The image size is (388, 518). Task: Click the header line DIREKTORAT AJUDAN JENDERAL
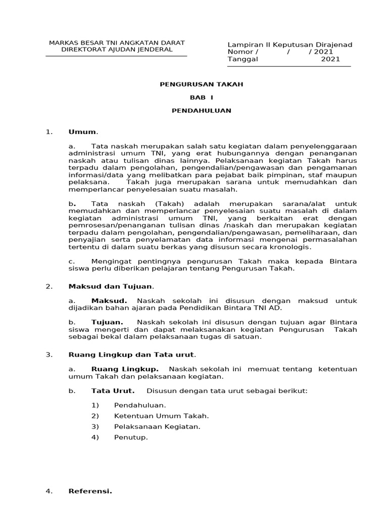coord(117,50)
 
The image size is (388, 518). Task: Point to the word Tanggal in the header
coord(243,59)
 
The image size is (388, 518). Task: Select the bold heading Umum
coord(82,132)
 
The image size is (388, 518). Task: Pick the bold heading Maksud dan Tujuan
coord(111,286)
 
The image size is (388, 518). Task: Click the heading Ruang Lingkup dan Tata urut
coord(131,355)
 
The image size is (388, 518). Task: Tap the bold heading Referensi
coord(90,491)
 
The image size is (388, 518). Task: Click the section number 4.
coord(49,491)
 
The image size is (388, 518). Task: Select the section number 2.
coord(49,286)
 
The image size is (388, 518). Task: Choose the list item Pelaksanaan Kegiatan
coord(157,426)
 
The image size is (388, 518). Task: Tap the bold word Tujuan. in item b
coord(107,322)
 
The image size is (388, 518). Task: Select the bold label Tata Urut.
coord(113,391)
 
